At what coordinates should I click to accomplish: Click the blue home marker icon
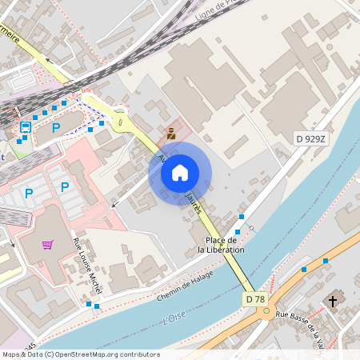coord(180,173)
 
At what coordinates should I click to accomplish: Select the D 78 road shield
coord(255,298)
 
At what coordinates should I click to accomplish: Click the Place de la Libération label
coord(222,245)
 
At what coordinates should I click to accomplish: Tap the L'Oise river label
coord(174,318)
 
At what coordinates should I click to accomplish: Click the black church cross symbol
coord(333,301)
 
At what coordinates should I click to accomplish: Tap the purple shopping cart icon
coord(48,244)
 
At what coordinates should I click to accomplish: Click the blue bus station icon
coord(25,127)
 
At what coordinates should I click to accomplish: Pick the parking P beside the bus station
coord(56,127)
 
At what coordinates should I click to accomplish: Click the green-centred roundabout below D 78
coord(265,314)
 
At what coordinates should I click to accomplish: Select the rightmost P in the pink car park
coord(65,187)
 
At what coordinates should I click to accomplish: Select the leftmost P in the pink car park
coord(29,193)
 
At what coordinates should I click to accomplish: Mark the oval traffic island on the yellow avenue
coord(120,122)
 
